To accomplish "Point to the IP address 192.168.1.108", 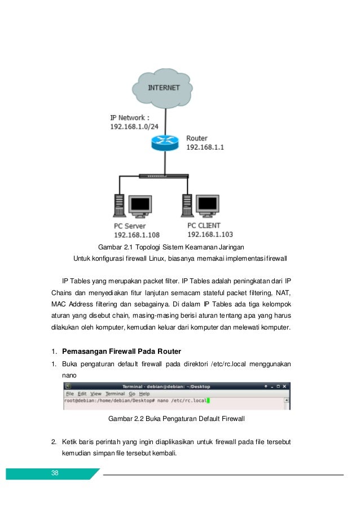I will pos(137,235).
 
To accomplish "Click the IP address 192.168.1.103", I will pos(210,234).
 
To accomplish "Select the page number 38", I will pos(55,473).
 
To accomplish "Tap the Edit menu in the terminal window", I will pos(82,393).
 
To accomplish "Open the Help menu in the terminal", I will pos(144,393).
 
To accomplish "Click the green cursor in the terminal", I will pos(208,401).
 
